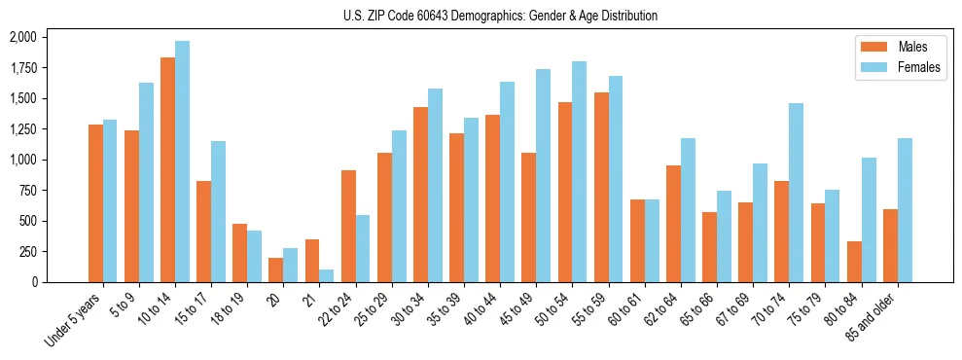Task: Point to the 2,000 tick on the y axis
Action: pyautogui.click(x=22, y=37)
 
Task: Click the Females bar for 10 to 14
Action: pyautogui.click(x=182, y=162)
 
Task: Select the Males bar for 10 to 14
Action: pyautogui.click(x=167, y=170)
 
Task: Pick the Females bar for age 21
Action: pyautogui.click(x=326, y=275)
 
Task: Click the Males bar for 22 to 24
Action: pyautogui.click(x=348, y=226)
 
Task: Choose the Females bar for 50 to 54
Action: pyautogui.click(x=579, y=171)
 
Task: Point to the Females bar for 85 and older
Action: pyautogui.click(x=904, y=210)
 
